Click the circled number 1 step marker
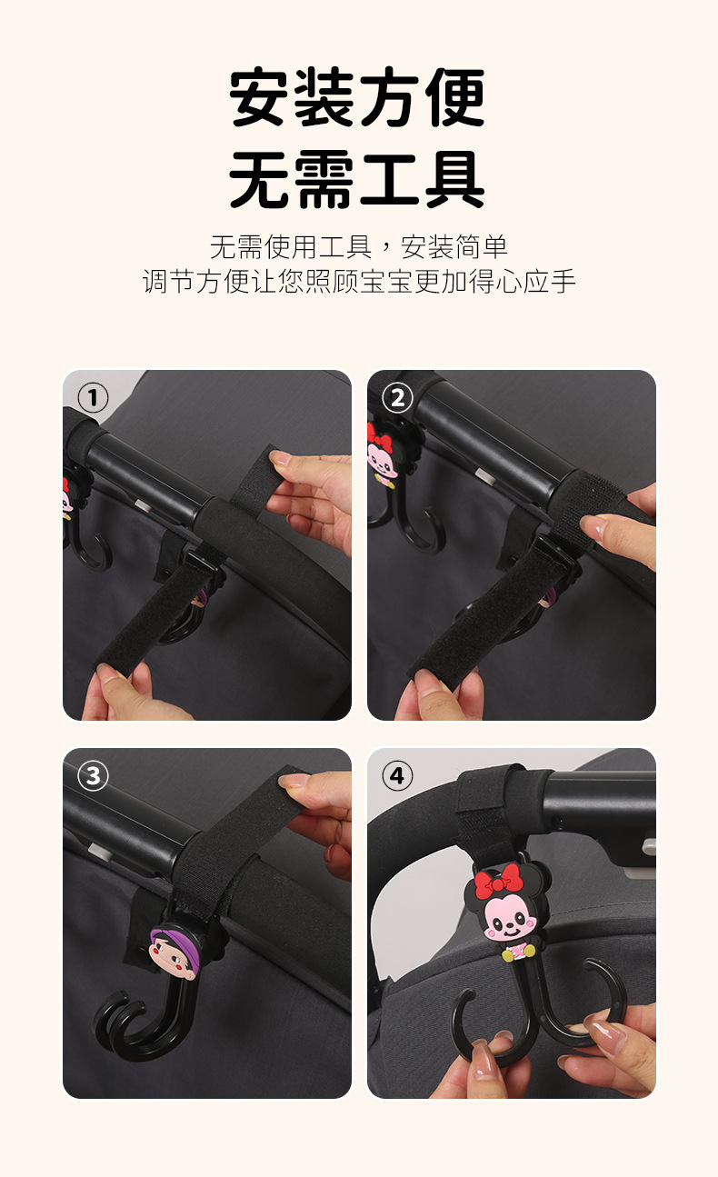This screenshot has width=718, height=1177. click(x=93, y=398)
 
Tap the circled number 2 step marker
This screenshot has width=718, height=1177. click(x=397, y=398)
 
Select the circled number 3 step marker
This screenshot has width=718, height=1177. click(x=93, y=775)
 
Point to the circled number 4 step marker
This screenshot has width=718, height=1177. click(x=397, y=775)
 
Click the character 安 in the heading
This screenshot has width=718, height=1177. click(x=260, y=97)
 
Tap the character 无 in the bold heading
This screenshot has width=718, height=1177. click(x=260, y=179)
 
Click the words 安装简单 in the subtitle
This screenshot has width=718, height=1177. click(x=454, y=247)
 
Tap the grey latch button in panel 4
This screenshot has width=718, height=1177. click(x=649, y=845)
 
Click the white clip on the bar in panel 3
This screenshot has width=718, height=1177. click(x=100, y=850)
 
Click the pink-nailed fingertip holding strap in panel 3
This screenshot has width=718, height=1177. click(x=294, y=781)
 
